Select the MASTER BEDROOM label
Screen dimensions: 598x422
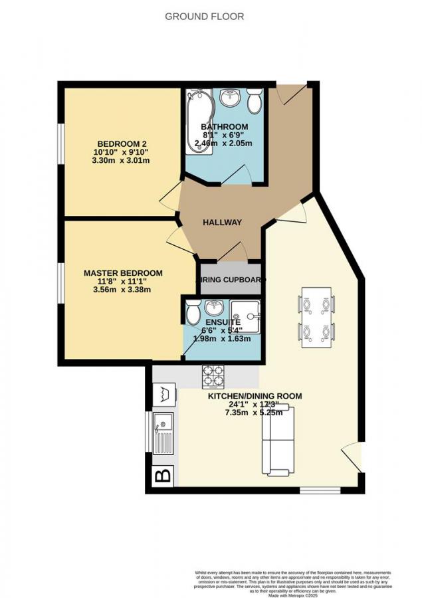(x=123, y=273)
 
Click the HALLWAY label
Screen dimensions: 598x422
(x=222, y=223)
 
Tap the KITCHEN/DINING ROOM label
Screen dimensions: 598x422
(x=255, y=396)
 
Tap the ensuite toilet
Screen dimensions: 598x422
(x=193, y=312)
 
